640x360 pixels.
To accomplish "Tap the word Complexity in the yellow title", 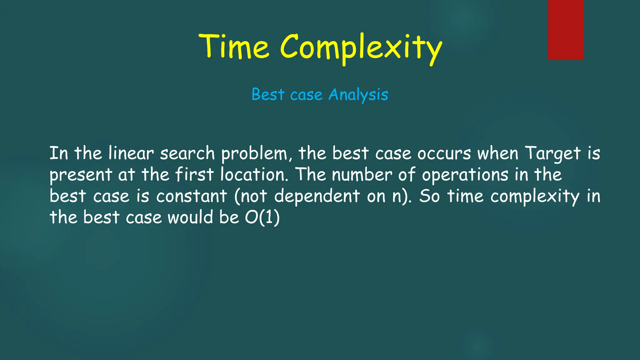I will [x=361, y=48].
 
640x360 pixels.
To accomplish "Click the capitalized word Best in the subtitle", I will [x=268, y=94].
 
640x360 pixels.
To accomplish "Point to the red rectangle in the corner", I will [x=566, y=30].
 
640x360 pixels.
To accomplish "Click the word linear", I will [x=131, y=153].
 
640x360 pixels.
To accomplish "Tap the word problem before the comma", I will [x=254, y=154].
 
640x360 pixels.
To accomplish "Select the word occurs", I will [x=444, y=153].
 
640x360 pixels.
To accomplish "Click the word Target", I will [x=552, y=154].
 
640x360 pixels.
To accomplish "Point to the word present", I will [x=81, y=175].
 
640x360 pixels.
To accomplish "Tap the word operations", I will [x=465, y=175].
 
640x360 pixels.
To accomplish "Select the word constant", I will [x=192, y=196].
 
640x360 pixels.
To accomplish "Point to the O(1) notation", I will [x=262, y=217].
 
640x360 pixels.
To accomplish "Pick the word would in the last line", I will [x=190, y=217].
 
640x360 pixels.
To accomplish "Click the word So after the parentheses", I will [x=429, y=196].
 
